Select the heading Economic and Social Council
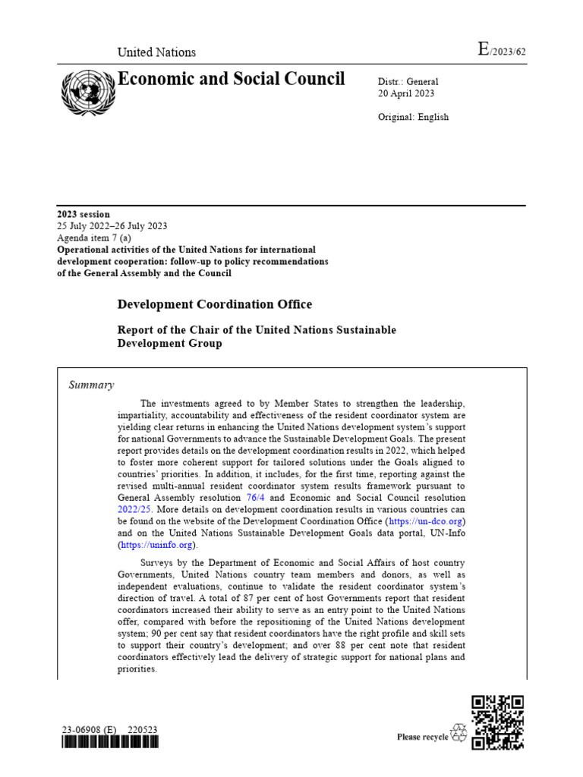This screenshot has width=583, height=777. pyautogui.click(x=231, y=79)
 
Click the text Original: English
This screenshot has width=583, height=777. pyautogui.click(x=413, y=117)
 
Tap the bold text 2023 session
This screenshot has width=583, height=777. pyautogui.click(x=84, y=215)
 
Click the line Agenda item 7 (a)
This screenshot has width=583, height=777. pyautogui.click(x=94, y=238)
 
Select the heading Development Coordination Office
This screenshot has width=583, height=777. pyautogui.click(x=214, y=304)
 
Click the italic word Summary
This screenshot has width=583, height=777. pyautogui.click(x=91, y=385)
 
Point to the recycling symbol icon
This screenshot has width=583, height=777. pyautogui.click(x=459, y=733)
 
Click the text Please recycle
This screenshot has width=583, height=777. pyautogui.click(x=423, y=737)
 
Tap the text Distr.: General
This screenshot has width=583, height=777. pyautogui.click(x=408, y=81)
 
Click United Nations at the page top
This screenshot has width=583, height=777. pyautogui.click(x=156, y=52)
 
